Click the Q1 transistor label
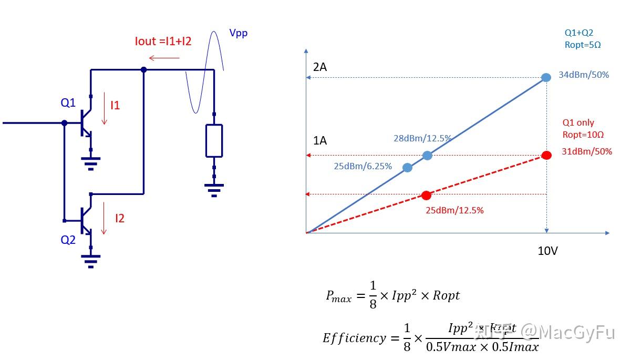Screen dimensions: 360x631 68,102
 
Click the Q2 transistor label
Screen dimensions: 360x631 68,240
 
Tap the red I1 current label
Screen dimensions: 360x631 115,105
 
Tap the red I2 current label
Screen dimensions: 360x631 120,218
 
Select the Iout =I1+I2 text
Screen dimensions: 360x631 163,42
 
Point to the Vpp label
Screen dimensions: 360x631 238,33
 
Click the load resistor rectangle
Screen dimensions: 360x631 214,140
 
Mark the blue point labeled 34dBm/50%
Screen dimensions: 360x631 546,77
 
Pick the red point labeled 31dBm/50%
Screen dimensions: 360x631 546,155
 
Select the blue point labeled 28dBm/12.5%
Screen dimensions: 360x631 427,155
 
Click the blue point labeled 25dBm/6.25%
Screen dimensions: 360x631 407,168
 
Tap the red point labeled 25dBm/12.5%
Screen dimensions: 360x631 426,196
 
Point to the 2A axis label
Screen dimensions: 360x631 320,67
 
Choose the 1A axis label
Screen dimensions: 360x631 320,141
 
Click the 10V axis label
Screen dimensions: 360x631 547,251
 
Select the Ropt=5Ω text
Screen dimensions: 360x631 583,45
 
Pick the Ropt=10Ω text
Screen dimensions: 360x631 583,135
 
